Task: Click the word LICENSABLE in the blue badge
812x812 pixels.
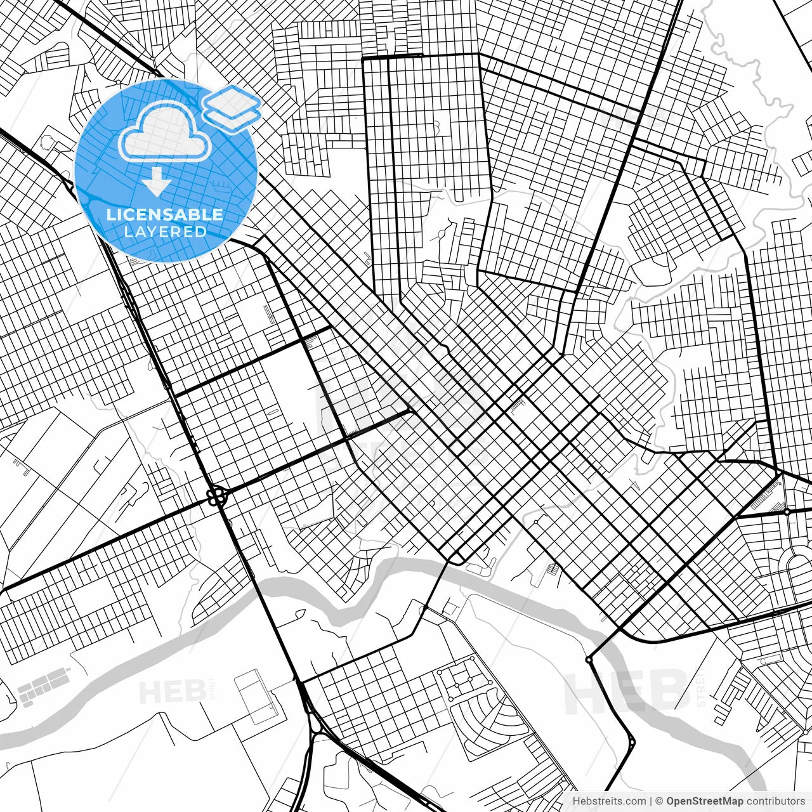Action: pos(165,214)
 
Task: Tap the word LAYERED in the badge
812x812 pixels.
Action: pos(165,232)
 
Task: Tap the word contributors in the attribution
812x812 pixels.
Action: pos(775,801)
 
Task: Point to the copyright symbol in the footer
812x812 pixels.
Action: pos(659,801)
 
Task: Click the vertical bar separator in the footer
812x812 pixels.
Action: pos(652,801)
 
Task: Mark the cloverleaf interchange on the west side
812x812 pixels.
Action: pos(217,495)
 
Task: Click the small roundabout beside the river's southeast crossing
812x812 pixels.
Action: pos(589,660)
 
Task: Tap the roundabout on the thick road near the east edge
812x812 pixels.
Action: pos(787,511)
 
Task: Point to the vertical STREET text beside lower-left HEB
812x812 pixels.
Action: pos(210,690)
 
